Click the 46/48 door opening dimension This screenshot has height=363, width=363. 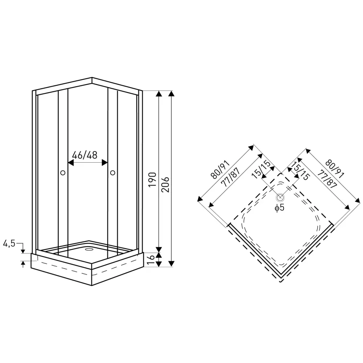(85, 155)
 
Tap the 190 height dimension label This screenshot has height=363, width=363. (152, 180)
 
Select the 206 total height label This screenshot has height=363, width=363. (165, 184)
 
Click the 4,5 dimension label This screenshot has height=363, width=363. (9, 243)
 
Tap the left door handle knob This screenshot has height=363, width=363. (62, 173)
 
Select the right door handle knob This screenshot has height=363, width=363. (113, 173)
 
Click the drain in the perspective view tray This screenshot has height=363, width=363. (89, 250)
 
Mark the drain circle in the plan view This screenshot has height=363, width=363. (280, 197)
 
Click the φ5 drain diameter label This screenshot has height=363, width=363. (280, 208)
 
